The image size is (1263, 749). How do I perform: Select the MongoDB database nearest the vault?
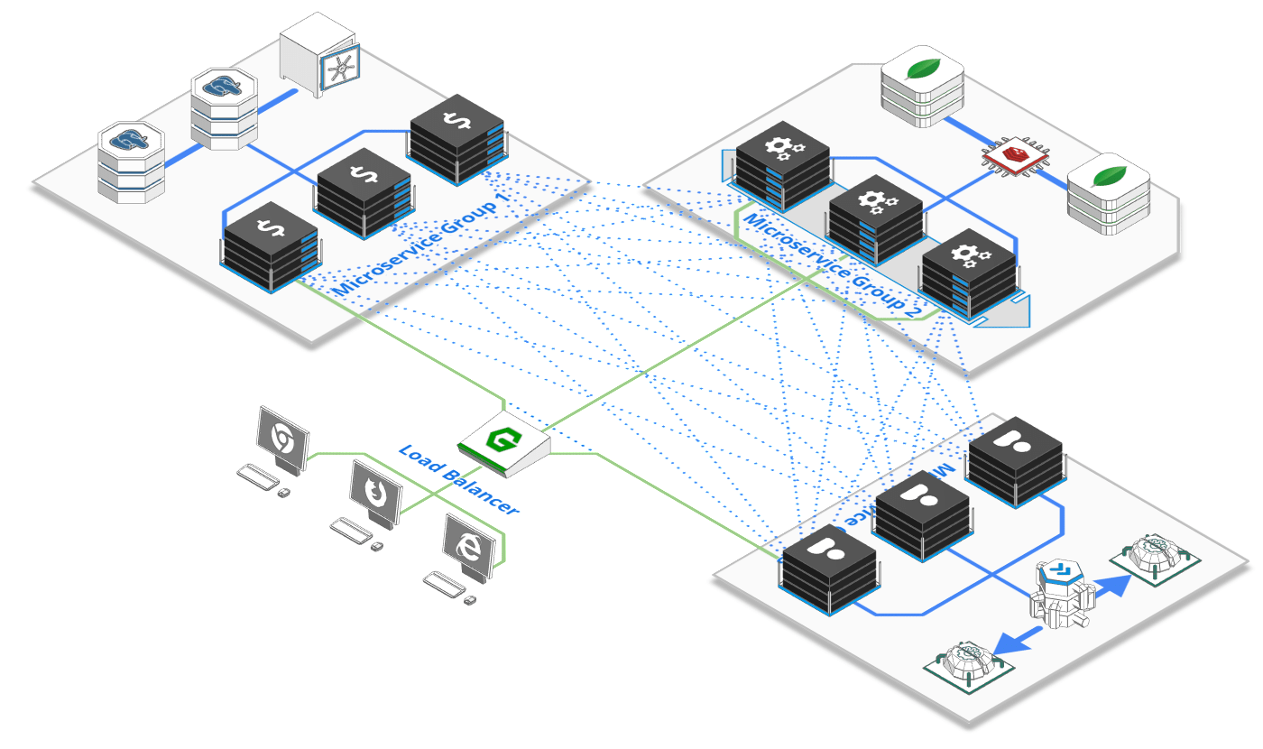(x=922, y=89)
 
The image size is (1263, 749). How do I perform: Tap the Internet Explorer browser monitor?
(x=470, y=547)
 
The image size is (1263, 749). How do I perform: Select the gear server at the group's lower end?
(x=970, y=273)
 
